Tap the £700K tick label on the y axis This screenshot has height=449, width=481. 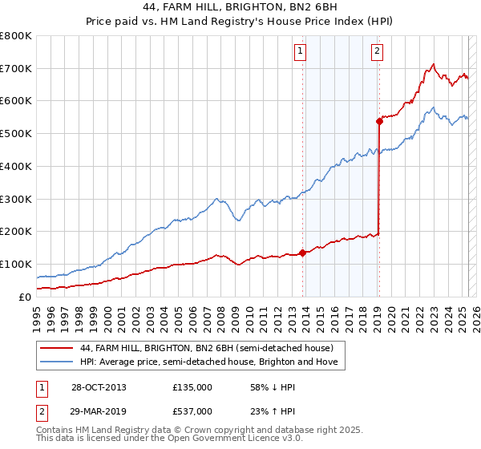(x=16, y=69)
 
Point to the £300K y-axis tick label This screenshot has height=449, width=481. (x=16, y=199)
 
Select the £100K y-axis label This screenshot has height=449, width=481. (x=16, y=264)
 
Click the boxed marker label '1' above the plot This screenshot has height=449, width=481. (x=300, y=53)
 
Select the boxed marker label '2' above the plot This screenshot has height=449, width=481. (x=376, y=53)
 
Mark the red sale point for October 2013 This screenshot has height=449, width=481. (x=302, y=253)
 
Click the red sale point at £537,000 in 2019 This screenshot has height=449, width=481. (x=378, y=122)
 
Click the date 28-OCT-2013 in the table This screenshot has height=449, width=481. (x=99, y=387)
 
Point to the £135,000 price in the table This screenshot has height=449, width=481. (x=192, y=387)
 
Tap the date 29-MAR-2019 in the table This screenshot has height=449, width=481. (x=99, y=411)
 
